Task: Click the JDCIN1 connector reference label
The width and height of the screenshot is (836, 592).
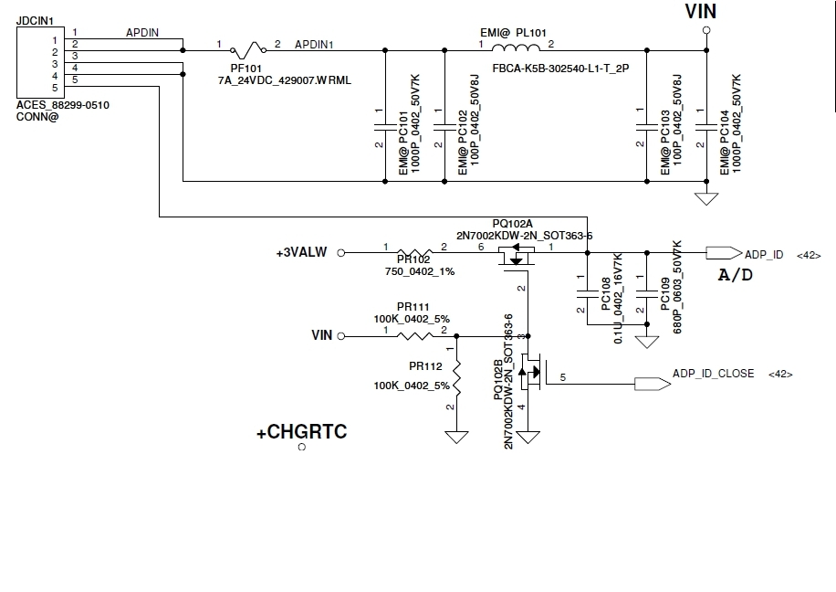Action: tap(36, 21)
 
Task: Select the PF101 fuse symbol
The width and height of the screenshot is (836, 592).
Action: tap(248, 50)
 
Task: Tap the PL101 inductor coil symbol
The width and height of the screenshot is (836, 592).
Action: tap(516, 48)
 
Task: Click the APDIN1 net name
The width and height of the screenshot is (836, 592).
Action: tap(314, 44)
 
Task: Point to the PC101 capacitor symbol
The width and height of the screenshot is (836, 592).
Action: tap(385, 127)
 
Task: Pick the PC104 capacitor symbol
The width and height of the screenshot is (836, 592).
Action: tap(706, 127)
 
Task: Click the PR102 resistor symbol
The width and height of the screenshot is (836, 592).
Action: tap(414, 252)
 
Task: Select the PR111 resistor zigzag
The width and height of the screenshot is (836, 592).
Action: tap(414, 336)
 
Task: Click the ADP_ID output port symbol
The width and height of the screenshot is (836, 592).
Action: tap(724, 252)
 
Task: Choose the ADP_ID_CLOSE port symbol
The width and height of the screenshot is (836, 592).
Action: tap(653, 384)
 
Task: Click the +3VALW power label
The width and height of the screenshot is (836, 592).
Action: tap(301, 252)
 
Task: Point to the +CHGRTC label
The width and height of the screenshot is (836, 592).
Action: tap(302, 432)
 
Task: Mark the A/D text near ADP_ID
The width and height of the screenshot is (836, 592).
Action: tap(736, 275)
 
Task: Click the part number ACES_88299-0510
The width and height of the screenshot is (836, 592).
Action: tap(63, 105)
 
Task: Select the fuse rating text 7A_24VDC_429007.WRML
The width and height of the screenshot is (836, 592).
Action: tap(285, 80)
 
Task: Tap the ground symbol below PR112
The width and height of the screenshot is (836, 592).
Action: tap(456, 438)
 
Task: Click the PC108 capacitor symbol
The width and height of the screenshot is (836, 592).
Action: tap(587, 293)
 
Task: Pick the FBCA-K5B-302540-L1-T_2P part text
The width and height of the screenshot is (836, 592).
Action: tap(560, 69)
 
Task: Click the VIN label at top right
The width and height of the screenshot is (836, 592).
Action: tap(701, 11)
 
